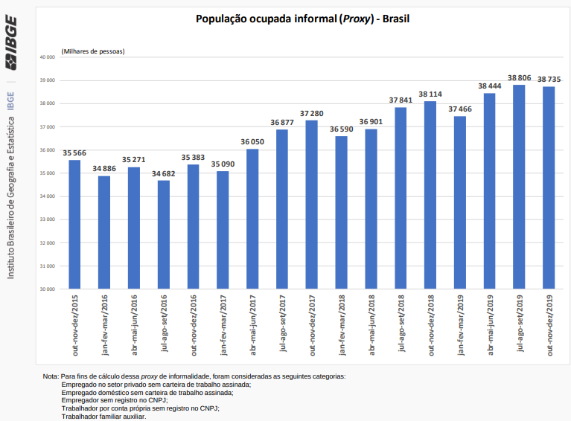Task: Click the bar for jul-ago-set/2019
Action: (519, 186)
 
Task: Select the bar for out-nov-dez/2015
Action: (74, 223)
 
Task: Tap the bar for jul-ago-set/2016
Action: (164, 234)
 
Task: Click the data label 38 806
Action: (519, 77)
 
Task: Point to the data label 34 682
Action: (164, 173)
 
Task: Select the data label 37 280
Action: (312, 113)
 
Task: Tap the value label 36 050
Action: (252, 141)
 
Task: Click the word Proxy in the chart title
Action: (356, 17)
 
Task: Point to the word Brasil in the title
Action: (395, 17)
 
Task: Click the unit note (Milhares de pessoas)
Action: (93, 51)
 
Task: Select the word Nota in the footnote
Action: (51, 376)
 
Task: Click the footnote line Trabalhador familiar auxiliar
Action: (103, 416)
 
